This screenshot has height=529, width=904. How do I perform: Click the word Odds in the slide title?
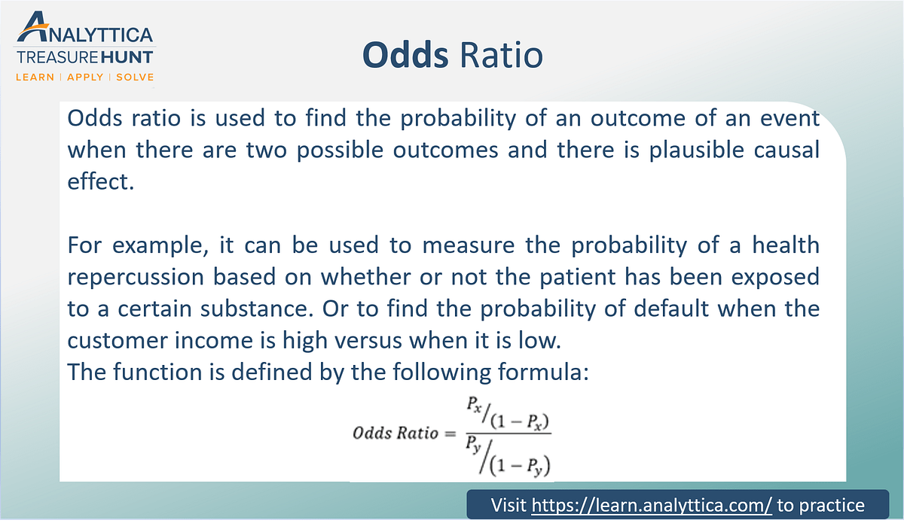pos(405,54)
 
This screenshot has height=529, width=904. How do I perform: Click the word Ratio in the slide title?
pos(501,54)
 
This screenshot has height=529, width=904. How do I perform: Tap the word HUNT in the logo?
pos(127,57)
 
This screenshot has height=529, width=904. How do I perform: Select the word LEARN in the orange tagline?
pos(35,77)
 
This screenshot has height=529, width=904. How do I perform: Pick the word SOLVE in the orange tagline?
pos(135,77)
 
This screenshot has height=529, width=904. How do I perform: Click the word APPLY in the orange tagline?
pos(85,77)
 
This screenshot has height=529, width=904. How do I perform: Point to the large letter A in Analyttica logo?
pos(32,26)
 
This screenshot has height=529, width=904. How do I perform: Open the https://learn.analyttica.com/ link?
pos(652,505)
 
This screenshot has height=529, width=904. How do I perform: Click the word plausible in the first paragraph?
pos(697,150)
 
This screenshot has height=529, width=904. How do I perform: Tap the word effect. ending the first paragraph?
pos(100,181)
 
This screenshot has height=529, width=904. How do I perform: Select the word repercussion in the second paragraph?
pos(136,278)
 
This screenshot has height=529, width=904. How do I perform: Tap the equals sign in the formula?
pos(450,434)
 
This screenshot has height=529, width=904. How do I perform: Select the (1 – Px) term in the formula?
pos(520,421)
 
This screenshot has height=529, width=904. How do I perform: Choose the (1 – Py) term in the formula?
pos(520,466)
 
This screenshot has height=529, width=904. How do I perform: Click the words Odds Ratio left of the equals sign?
pos(395,433)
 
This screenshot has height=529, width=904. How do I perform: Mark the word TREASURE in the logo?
pos(57,57)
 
